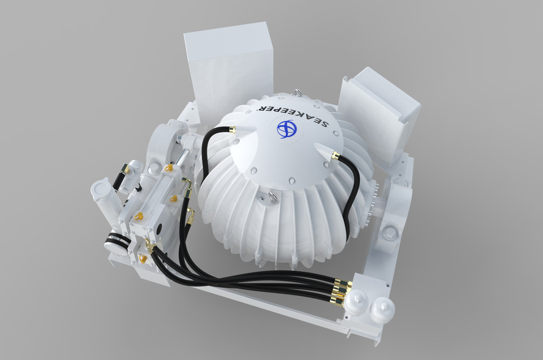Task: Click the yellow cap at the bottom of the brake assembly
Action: (143, 259)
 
